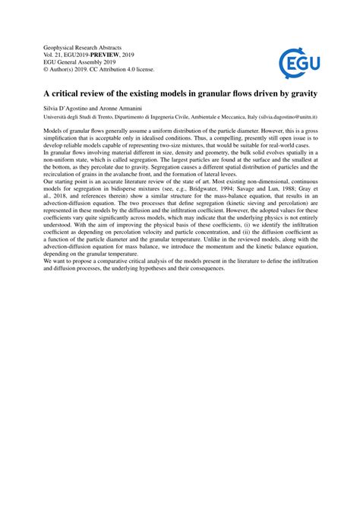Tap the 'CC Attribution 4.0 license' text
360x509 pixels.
(122, 68)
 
